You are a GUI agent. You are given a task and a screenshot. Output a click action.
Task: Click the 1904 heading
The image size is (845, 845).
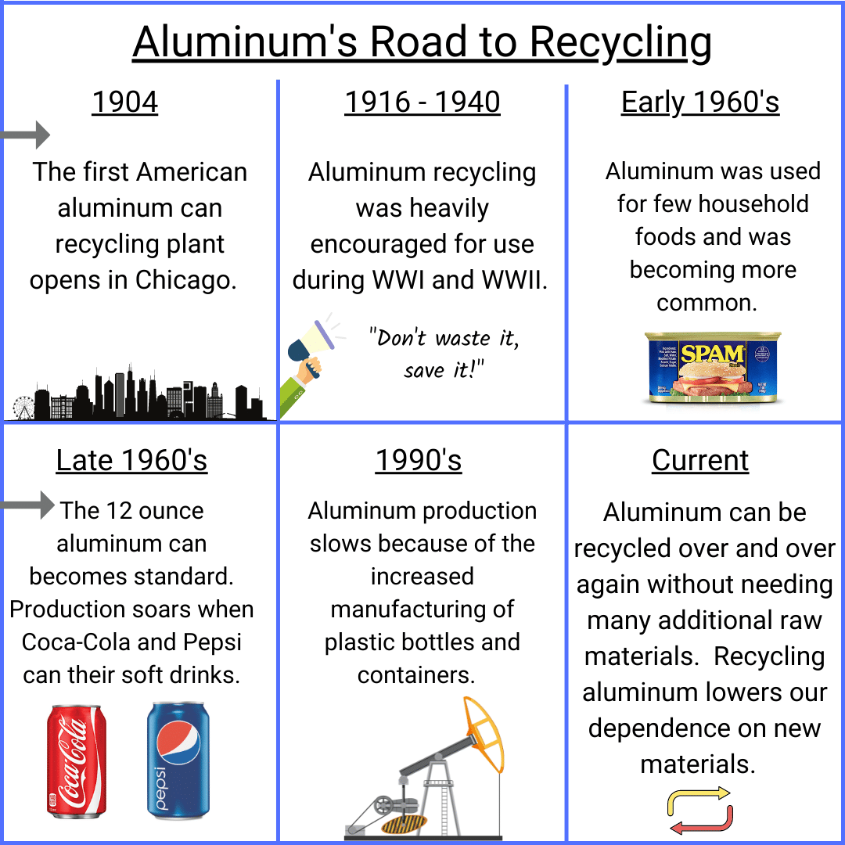click(125, 102)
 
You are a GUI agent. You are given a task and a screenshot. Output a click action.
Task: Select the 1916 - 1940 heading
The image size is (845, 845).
click(422, 102)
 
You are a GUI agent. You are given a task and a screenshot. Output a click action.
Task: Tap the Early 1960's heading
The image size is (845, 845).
click(700, 102)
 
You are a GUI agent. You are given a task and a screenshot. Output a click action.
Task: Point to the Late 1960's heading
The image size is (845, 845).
click(131, 460)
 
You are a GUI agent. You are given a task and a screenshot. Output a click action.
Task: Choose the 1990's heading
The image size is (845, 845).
click(419, 460)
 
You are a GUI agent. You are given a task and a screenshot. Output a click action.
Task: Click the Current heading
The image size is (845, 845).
click(700, 460)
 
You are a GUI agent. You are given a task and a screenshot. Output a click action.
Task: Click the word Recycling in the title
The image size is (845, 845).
click(620, 43)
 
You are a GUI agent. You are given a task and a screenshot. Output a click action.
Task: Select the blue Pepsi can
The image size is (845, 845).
click(178, 760)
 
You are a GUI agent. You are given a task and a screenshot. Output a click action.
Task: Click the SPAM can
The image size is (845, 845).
click(713, 368)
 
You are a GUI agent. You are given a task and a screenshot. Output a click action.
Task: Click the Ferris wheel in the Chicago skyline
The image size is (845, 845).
click(23, 408)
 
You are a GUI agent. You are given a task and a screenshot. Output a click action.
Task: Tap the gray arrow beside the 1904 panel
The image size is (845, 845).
click(25, 135)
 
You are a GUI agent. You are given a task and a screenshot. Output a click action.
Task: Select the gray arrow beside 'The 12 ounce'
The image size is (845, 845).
click(27, 505)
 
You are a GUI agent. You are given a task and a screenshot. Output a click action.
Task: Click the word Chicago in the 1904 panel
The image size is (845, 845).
click(185, 280)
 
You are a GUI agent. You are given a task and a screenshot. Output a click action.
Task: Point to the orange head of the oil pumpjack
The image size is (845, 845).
click(484, 733)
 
